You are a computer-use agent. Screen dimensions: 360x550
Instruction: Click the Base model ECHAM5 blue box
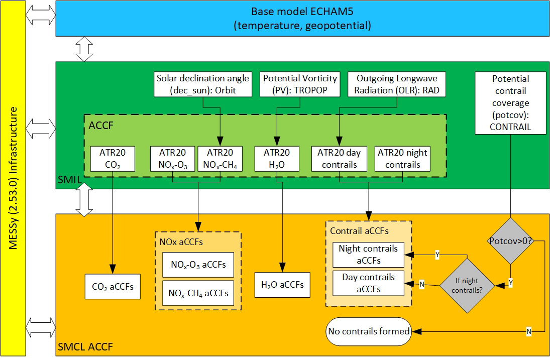tap(302, 19)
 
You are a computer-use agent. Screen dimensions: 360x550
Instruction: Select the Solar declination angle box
tap(202, 84)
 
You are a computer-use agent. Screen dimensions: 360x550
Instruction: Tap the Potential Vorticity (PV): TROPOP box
tap(300, 84)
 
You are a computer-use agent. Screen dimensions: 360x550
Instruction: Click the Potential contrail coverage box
tap(510, 103)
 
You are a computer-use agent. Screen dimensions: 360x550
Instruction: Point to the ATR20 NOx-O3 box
tap(173, 159)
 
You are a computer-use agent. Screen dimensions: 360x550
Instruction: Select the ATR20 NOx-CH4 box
tap(219, 159)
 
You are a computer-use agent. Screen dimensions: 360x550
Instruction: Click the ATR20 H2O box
tap(277, 159)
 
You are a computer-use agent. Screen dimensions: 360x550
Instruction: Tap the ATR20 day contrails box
tap(339, 159)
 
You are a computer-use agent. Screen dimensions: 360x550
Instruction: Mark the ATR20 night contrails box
tap(403, 159)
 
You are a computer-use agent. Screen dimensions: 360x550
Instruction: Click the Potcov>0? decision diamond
tap(510, 242)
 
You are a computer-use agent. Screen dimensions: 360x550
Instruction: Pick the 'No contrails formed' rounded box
tap(368, 331)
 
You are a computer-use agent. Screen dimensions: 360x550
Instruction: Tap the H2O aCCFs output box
tap(282, 285)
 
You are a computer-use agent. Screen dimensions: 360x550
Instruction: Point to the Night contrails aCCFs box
tap(368, 255)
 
